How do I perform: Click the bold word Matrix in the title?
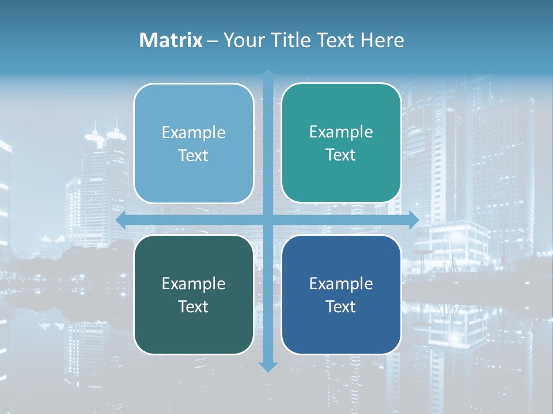coord(171,40)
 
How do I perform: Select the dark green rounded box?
coord(194,328)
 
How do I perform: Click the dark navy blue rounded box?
coord(341,328)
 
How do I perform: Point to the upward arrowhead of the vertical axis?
coord(268,75)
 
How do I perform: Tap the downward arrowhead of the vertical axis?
coord(268,366)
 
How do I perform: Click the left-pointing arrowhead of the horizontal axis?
coord(122,220)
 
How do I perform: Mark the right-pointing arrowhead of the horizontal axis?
coord(414,220)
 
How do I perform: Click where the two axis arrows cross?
coord(268,220)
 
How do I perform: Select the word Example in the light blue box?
coord(194,133)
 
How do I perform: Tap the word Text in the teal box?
coord(341,155)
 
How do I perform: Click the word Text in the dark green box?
coord(194,306)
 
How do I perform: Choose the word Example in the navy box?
coord(341,283)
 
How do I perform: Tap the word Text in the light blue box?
coord(194,155)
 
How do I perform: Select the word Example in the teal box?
coord(341,132)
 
